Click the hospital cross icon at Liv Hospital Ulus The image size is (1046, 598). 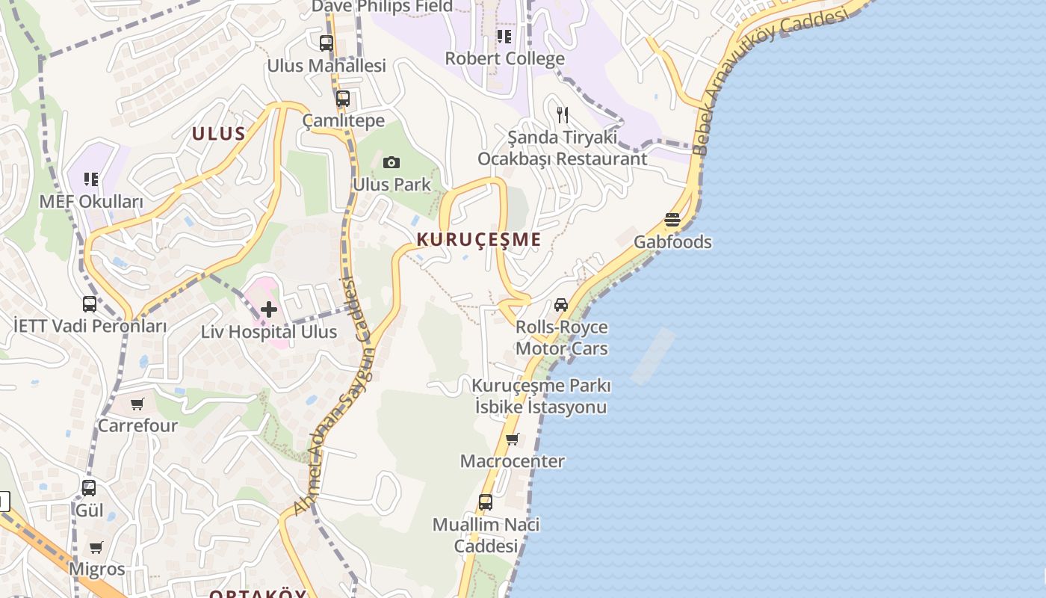point(269,309)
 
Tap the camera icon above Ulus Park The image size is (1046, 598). point(391,163)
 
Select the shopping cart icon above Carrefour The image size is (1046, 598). point(137,404)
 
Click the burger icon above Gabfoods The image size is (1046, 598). point(672,221)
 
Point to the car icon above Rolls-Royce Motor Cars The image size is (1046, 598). point(561,305)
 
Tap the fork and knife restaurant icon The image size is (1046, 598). point(563,115)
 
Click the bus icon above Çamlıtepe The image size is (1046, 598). point(343,99)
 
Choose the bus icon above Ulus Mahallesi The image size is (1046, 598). point(327,43)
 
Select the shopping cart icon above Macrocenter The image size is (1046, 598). point(512,439)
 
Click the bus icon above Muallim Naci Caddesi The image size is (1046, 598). point(486,502)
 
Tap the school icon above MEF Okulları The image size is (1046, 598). point(91,179)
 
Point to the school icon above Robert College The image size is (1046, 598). point(504,36)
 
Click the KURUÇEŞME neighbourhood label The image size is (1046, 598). point(478,240)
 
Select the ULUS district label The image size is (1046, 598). point(219,134)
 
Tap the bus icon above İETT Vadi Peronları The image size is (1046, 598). point(90,304)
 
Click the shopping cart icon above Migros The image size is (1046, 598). point(96,547)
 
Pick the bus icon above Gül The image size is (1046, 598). point(89,488)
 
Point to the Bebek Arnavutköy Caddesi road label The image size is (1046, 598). point(773,82)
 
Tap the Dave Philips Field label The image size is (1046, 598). point(382,7)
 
